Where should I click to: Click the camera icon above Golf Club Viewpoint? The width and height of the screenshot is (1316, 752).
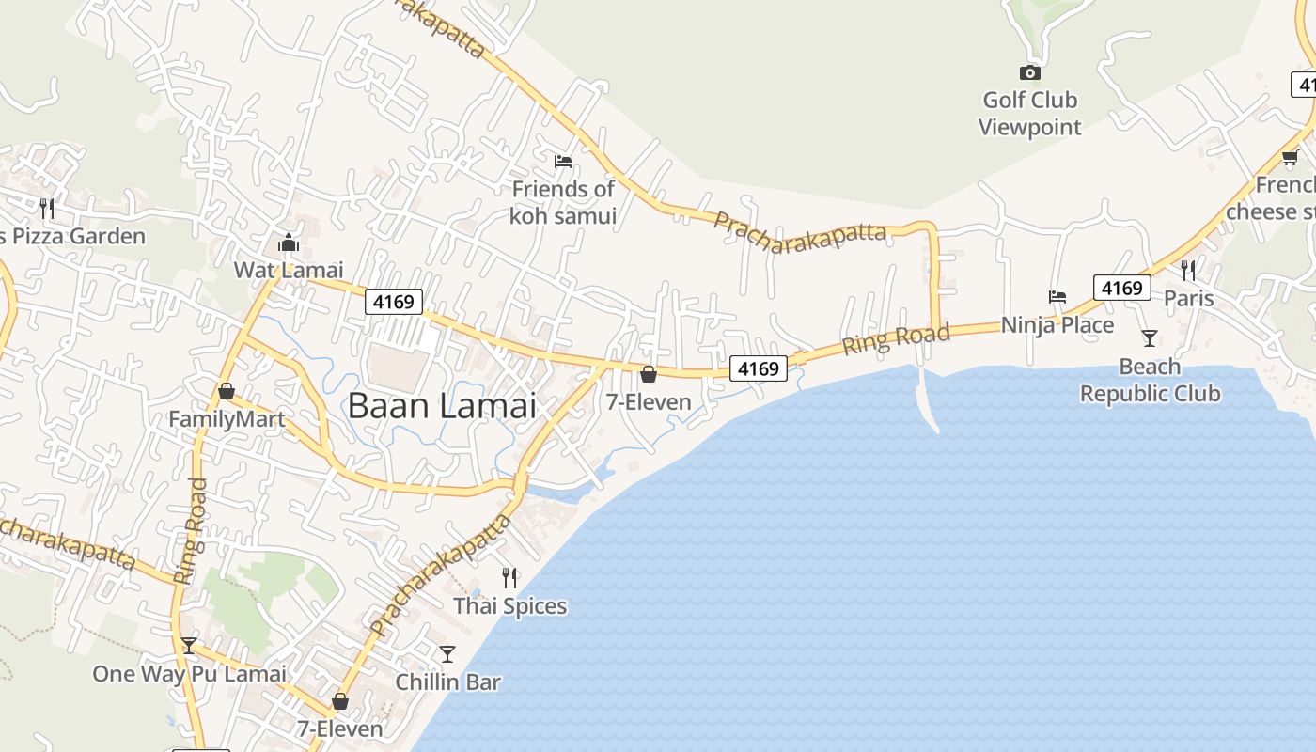[x=1029, y=72]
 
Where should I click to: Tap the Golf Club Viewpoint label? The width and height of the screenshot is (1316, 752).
[x=1029, y=114]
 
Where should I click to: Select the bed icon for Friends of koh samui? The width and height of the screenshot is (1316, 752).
[x=563, y=162]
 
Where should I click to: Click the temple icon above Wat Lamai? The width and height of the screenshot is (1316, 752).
[x=288, y=243]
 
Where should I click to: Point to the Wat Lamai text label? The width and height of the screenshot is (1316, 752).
[x=289, y=271]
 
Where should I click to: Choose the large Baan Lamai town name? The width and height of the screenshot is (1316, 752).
[x=442, y=406]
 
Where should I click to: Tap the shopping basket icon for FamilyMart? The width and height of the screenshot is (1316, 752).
[x=227, y=391]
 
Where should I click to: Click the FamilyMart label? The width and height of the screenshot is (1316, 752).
[x=227, y=419]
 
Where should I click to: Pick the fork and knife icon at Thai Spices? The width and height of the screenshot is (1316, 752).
[x=509, y=577]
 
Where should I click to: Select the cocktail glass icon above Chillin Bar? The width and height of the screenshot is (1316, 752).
[x=447, y=653]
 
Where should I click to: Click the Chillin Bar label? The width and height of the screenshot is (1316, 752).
[x=447, y=681]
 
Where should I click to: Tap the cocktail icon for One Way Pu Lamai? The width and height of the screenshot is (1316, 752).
[x=189, y=646]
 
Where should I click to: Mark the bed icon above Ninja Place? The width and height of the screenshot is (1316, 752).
[x=1057, y=297]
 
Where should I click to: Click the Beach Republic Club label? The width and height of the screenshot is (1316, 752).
[x=1150, y=381]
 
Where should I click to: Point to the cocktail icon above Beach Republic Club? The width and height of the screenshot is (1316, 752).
[x=1149, y=337]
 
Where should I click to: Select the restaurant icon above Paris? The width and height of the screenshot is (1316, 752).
[x=1188, y=271]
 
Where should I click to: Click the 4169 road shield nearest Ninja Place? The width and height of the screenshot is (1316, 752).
[x=1121, y=288]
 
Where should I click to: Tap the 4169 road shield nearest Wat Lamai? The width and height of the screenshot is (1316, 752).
[x=394, y=302]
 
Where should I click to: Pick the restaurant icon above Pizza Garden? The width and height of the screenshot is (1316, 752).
[x=47, y=208]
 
